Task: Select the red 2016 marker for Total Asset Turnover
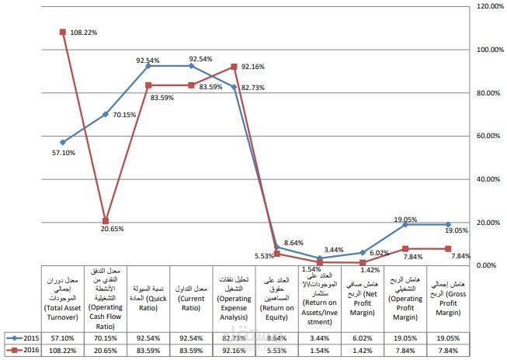coord(62,32)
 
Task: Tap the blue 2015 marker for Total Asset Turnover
coord(62,142)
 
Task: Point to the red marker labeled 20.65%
coord(106,221)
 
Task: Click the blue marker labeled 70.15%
coord(106,114)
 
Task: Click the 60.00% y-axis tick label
coord(489,136)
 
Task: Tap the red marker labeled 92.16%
coord(234,67)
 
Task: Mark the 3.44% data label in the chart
coord(335,249)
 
